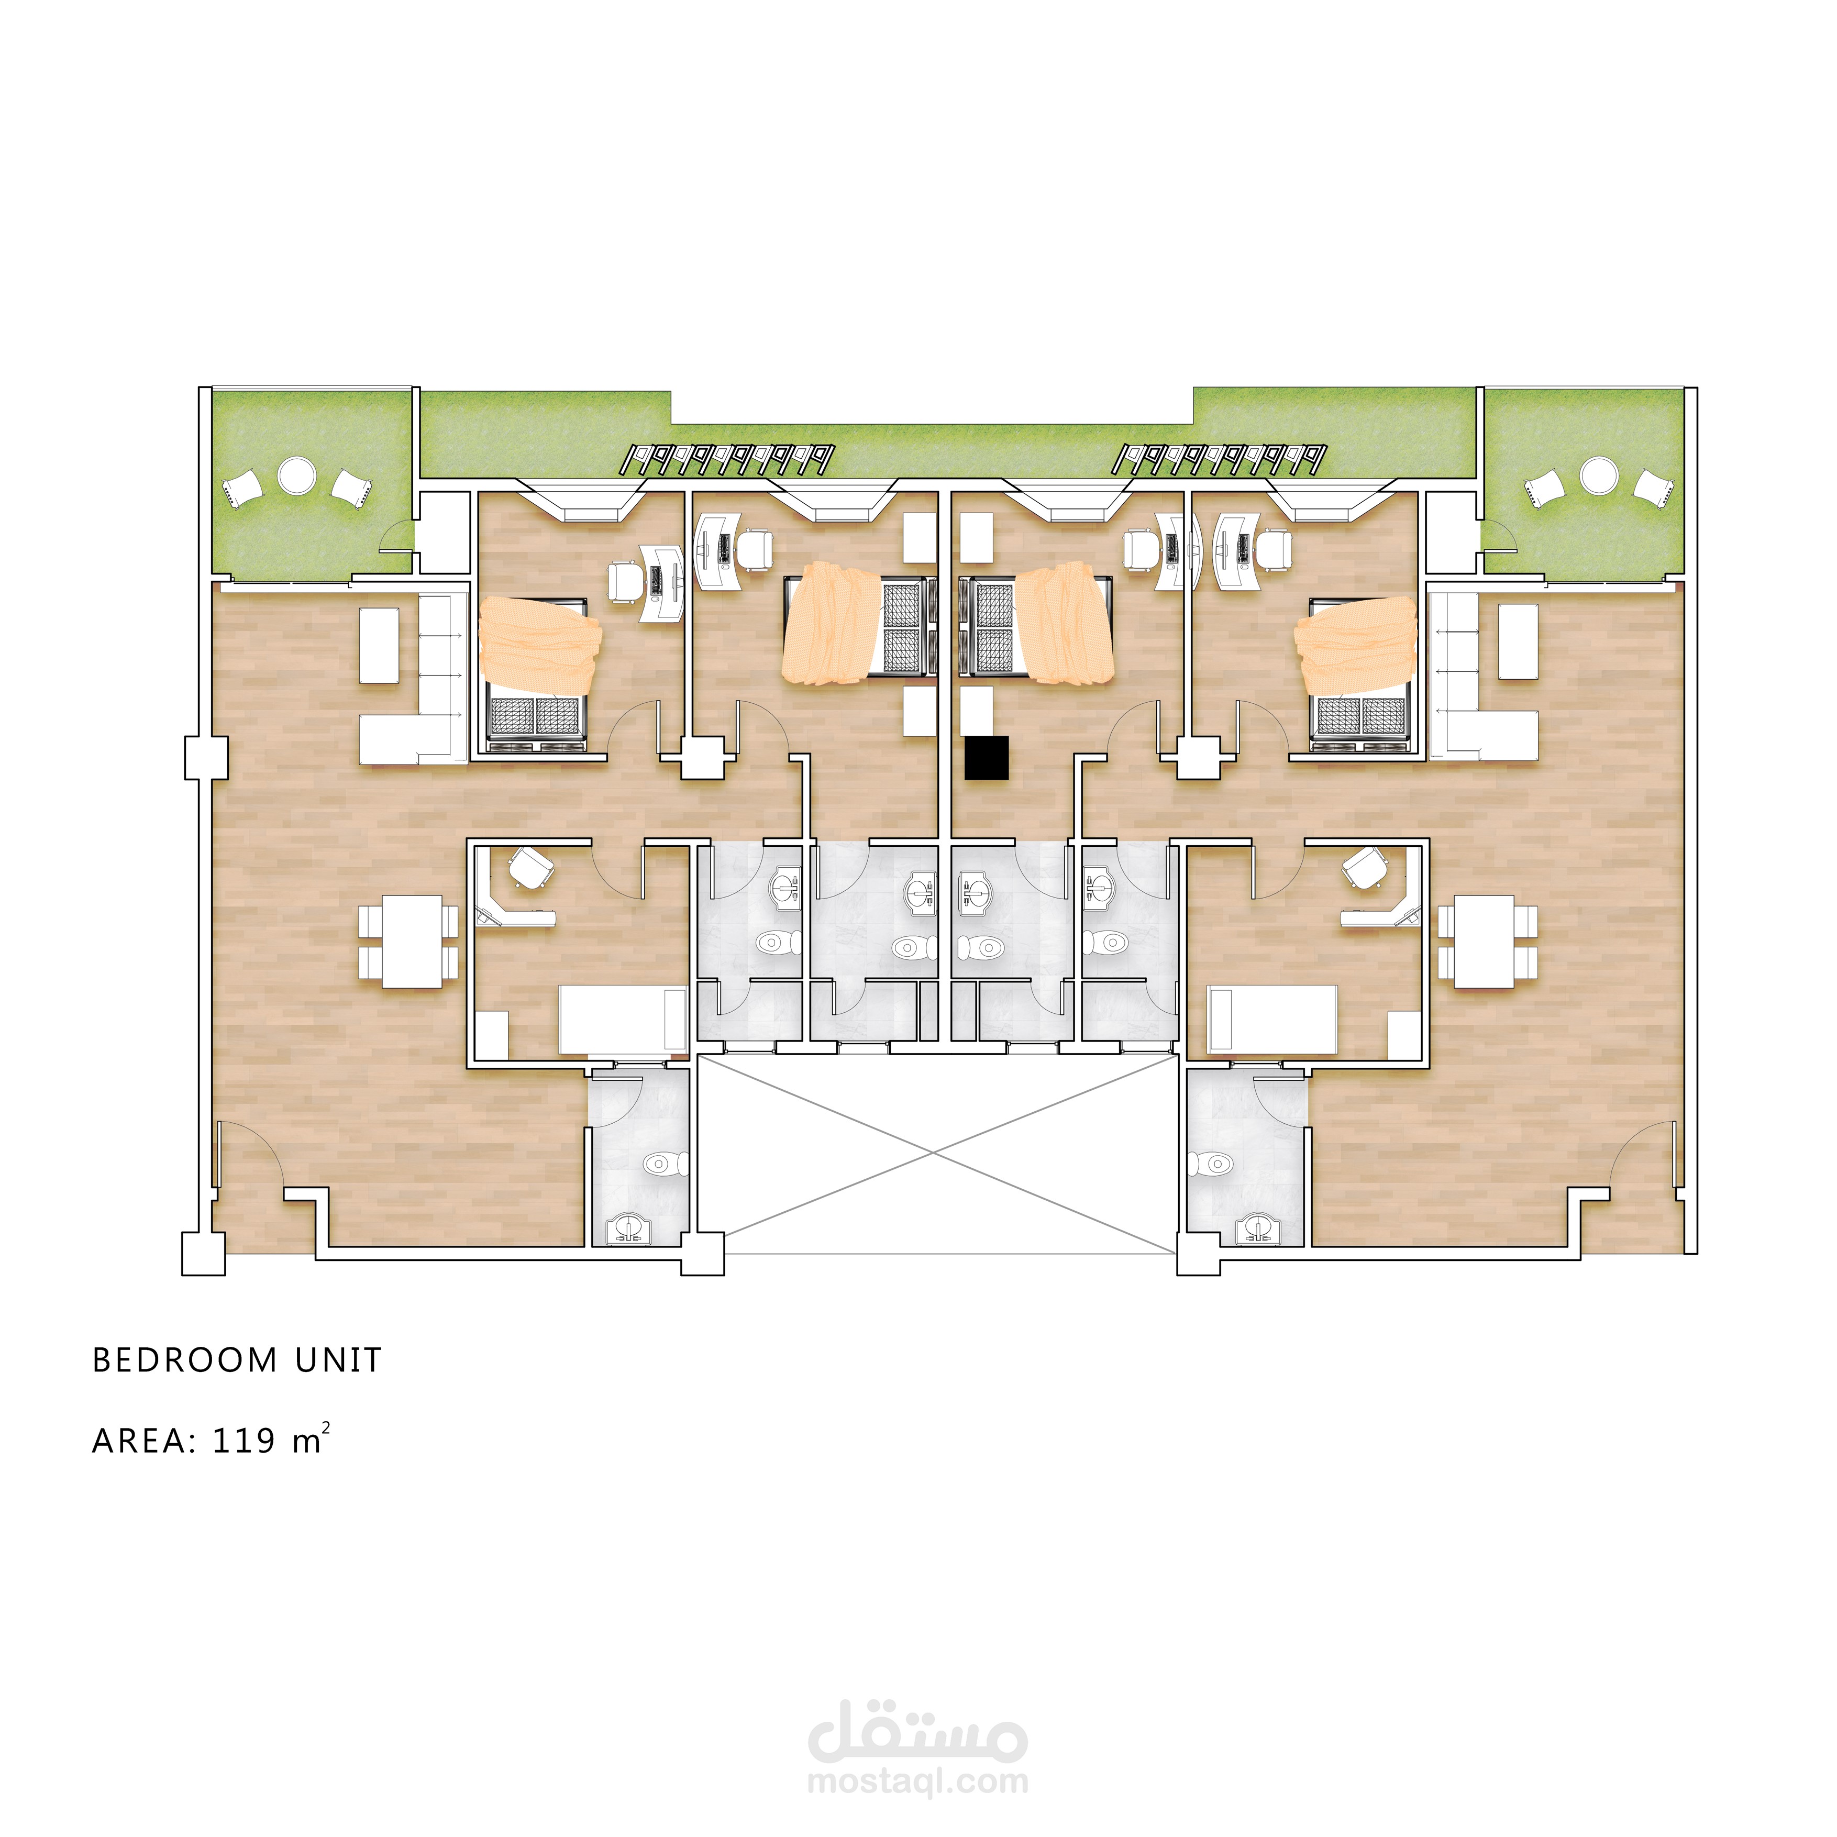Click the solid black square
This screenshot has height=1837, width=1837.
pyautogui.click(x=986, y=758)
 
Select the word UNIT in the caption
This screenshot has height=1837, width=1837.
pyautogui.click(x=338, y=1360)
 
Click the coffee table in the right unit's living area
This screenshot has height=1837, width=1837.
pyautogui.click(x=1519, y=642)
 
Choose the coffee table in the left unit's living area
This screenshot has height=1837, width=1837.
pyautogui.click(x=379, y=645)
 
